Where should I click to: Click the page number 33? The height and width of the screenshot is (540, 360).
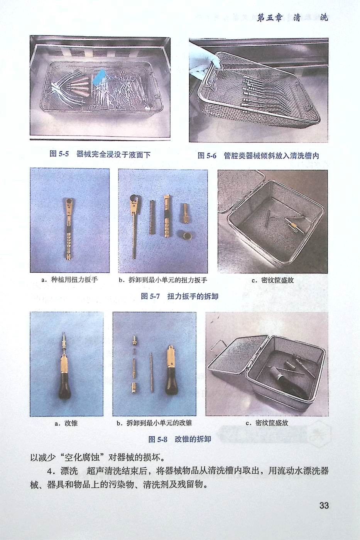324,505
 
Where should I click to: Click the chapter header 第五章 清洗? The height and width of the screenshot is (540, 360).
292,18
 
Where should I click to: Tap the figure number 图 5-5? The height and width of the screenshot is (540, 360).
59,154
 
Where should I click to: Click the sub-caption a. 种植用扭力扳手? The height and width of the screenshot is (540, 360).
69,280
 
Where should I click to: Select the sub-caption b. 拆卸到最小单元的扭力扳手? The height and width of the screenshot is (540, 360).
163,280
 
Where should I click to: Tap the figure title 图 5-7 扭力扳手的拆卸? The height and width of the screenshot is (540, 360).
180,296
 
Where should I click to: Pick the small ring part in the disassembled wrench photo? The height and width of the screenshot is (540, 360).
186,235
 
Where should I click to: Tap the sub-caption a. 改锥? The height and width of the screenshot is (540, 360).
66,424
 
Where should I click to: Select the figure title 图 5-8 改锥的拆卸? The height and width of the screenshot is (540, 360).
180,439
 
